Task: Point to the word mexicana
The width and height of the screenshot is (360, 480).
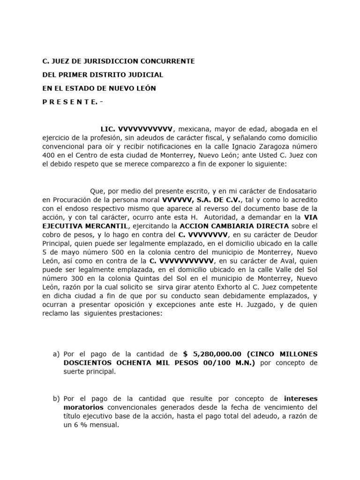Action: tap(195, 128)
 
